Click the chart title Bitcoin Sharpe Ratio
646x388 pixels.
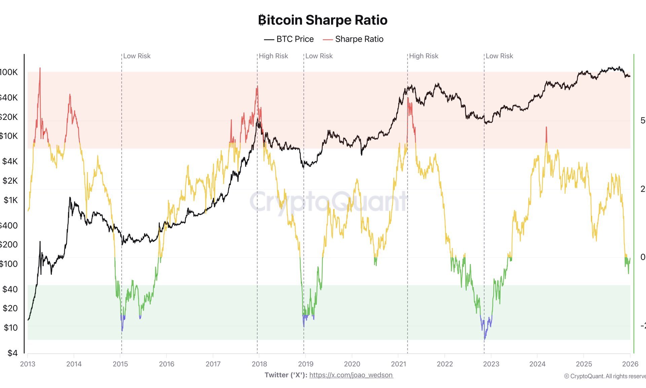[x=323, y=20]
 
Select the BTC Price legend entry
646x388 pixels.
[x=289, y=39]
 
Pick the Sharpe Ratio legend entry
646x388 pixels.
[x=353, y=39]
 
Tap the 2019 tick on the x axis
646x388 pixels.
[x=306, y=364]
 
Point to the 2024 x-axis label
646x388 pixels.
[x=537, y=364]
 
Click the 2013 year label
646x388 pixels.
[x=28, y=364]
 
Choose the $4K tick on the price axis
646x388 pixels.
[x=10, y=161]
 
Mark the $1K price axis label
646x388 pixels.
[x=10, y=200]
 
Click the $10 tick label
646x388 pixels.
[x=10, y=327]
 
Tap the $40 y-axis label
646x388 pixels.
[x=10, y=289]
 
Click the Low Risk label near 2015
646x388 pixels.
[x=137, y=56]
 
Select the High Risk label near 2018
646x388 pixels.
[x=273, y=56]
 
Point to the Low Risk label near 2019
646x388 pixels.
[x=319, y=56]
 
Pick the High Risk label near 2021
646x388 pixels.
[x=424, y=56]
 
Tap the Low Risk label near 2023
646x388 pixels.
[x=499, y=56]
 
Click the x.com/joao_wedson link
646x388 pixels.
[x=351, y=375]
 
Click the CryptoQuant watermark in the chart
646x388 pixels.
[x=328, y=201]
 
